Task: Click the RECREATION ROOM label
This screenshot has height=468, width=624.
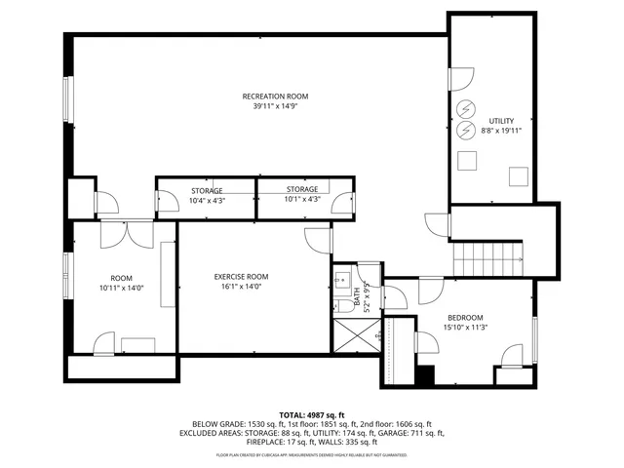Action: pyautogui.click(x=275, y=96)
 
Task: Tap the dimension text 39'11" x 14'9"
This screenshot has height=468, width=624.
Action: pyautogui.click(x=275, y=106)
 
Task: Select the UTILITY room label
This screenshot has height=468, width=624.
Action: pyautogui.click(x=502, y=120)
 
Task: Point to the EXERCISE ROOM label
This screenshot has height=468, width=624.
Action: pyautogui.click(x=241, y=277)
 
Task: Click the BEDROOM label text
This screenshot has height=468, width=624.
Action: pyautogui.click(x=465, y=318)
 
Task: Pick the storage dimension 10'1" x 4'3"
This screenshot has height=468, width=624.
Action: pyautogui.click(x=302, y=199)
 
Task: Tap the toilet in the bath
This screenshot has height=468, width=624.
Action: pyautogui.click(x=345, y=306)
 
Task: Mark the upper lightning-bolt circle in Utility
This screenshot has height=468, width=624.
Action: pyautogui.click(x=465, y=108)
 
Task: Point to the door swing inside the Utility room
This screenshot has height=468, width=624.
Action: pyautogui.click(x=461, y=79)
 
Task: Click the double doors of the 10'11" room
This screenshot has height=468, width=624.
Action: pyautogui.click(x=127, y=234)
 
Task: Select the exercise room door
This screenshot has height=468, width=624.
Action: pyautogui.click(x=318, y=243)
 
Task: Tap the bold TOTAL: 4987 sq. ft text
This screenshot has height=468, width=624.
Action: pyautogui.click(x=312, y=414)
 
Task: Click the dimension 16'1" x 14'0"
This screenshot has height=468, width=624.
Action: pyautogui.click(x=241, y=288)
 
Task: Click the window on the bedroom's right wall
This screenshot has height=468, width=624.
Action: pyautogui.click(x=535, y=331)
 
